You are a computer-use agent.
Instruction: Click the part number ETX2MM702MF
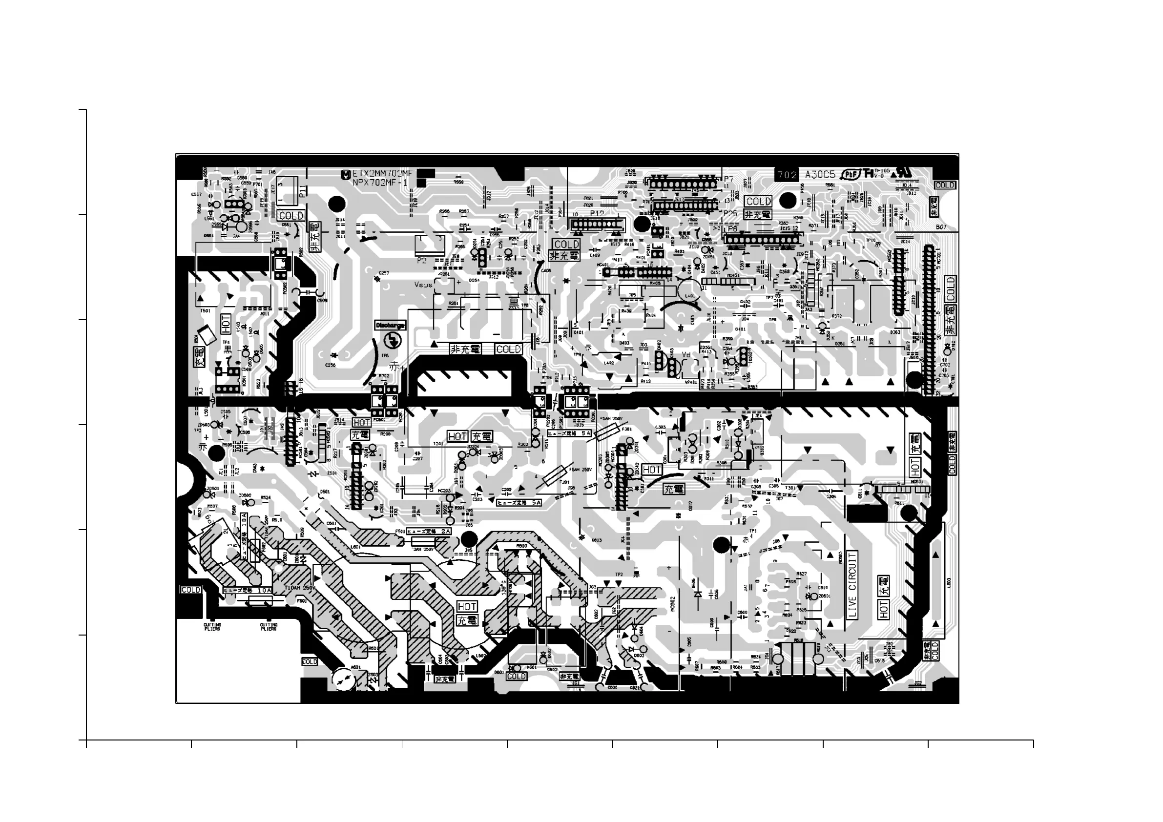point(382,174)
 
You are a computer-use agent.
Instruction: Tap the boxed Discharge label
point(390,325)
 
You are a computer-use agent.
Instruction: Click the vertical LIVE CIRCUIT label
point(852,585)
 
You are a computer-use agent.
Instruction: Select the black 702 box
point(787,175)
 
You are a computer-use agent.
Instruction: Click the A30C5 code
point(820,175)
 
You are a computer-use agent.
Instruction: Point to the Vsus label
point(423,285)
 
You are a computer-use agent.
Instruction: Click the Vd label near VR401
point(686,354)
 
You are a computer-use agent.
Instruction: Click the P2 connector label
point(421,260)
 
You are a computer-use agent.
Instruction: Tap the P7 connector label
point(728,179)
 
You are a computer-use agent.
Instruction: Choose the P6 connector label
point(732,229)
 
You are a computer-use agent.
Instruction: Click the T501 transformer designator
point(205,310)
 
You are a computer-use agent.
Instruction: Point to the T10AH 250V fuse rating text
point(300,588)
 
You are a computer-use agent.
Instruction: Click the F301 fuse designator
point(626,429)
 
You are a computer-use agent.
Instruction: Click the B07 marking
point(941,227)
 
